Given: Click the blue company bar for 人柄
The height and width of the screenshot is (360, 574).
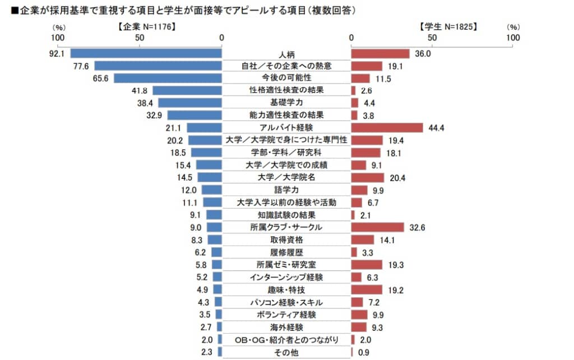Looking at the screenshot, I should [146, 54].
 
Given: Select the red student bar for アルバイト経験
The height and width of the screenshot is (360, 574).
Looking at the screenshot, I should [387, 128].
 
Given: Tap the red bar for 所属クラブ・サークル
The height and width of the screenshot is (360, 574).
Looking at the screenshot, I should [377, 227].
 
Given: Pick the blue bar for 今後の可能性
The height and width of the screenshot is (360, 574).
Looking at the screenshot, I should [168, 79].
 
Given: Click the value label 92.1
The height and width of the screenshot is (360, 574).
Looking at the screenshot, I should [58, 54].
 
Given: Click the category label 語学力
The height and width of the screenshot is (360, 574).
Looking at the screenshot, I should [287, 190].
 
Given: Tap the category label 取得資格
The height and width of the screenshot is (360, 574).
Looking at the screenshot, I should [287, 239].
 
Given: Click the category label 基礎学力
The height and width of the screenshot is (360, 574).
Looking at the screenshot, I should [287, 103].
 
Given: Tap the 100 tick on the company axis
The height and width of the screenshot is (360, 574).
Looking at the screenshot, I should [58, 38].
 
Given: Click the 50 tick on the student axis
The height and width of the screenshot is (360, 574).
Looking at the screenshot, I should [432, 38].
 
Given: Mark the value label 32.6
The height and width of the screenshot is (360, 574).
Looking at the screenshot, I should [416, 227].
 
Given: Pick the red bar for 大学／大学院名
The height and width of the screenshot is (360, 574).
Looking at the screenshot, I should [368, 178].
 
